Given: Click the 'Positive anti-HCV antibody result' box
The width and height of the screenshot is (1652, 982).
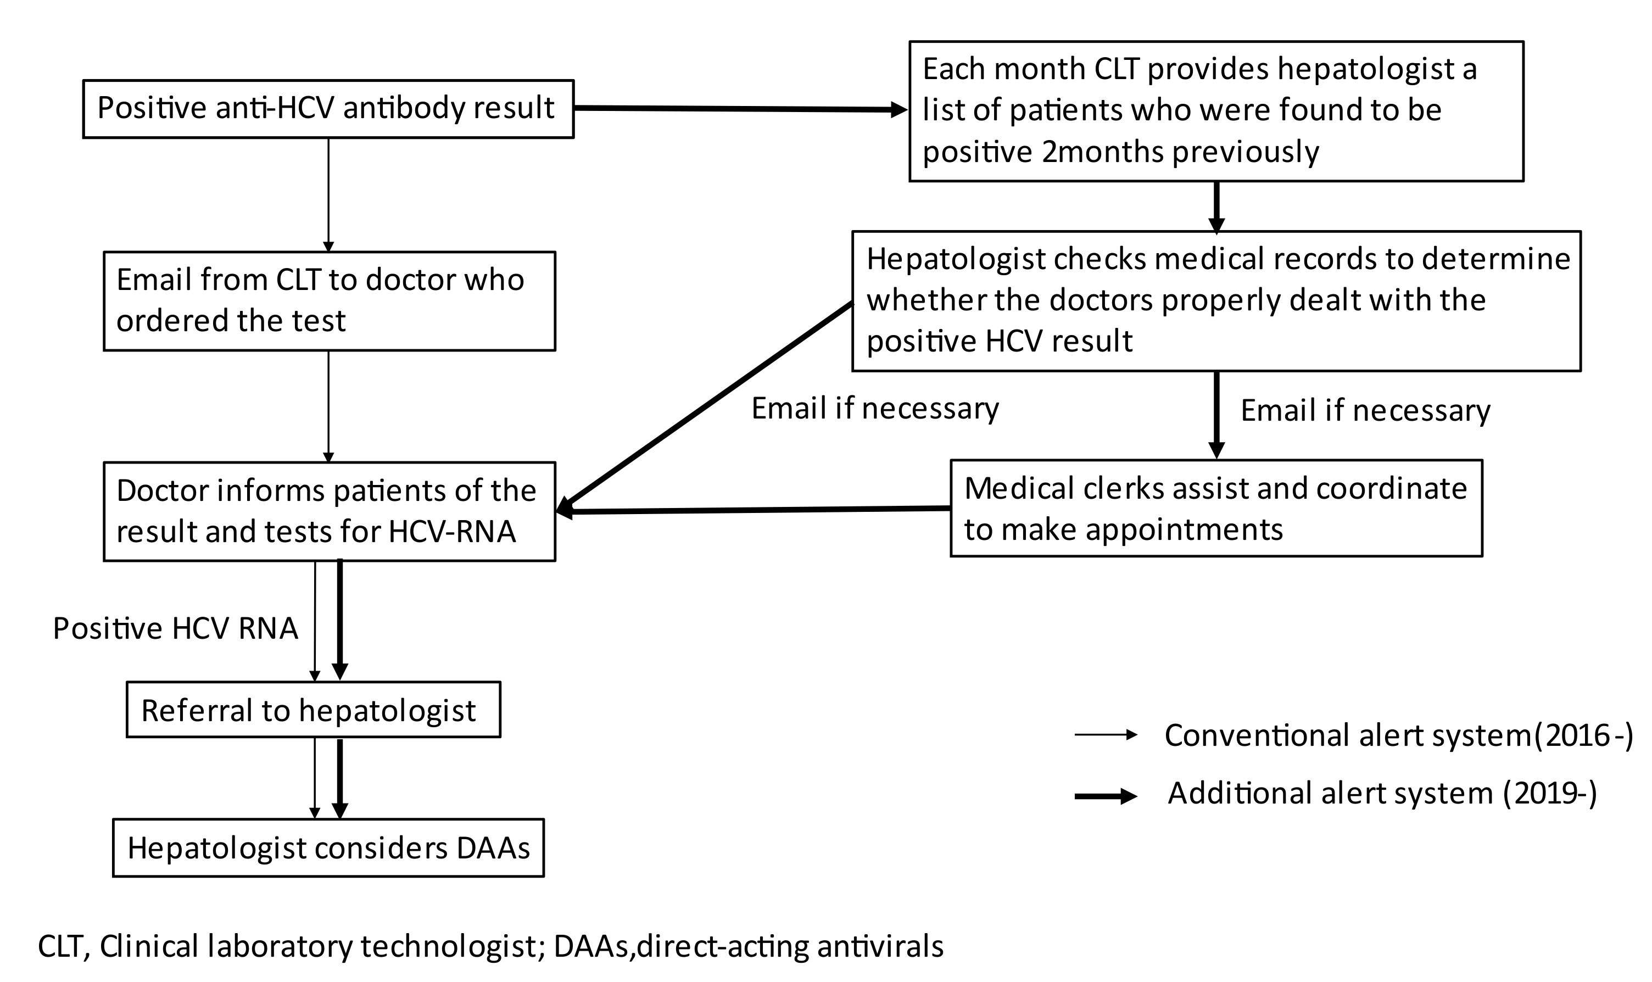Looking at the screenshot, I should (327, 109).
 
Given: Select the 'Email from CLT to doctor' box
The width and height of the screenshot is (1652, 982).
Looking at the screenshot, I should (329, 300).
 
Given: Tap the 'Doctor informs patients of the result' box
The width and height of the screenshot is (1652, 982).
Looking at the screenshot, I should (329, 511).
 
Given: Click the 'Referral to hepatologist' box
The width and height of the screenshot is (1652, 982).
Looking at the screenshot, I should (313, 710).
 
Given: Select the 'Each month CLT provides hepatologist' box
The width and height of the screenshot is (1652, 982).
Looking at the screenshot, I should (1216, 110).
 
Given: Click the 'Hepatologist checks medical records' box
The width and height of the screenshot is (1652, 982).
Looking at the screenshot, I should (1216, 300).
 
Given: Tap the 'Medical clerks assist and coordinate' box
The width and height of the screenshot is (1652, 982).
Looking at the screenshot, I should (1216, 508).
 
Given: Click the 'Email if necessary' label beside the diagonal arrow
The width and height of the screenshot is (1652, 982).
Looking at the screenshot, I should (875, 408).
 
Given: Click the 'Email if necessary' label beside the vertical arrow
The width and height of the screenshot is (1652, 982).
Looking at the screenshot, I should (1365, 410).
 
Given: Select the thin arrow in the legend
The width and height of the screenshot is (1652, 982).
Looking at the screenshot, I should (1105, 734).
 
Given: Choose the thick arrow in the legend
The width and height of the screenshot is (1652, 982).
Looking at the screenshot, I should (1105, 797).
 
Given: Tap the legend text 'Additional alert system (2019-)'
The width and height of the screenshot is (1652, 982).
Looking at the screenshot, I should (1382, 793).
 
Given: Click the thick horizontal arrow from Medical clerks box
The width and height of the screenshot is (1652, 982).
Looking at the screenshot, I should (754, 510).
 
